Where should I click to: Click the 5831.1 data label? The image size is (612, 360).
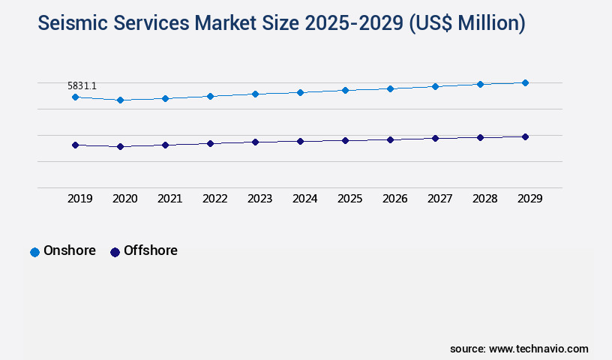[x=82, y=86]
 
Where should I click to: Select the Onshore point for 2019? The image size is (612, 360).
[x=75, y=97]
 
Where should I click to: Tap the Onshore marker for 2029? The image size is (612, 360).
[x=525, y=82]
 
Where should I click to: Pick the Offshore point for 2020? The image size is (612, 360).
[x=120, y=146]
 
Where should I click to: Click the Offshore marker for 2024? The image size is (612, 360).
[x=300, y=141]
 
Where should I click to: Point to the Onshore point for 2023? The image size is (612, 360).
[x=255, y=94]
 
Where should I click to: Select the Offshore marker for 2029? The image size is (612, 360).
[x=525, y=136]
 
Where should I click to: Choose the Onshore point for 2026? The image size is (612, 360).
[x=390, y=88]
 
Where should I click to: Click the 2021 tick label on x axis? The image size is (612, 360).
[x=169, y=199]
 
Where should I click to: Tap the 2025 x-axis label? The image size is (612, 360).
[x=349, y=199]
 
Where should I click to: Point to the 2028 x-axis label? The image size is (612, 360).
[x=484, y=199]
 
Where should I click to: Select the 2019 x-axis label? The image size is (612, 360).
[x=79, y=199]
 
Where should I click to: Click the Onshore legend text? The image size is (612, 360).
[x=70, y=250]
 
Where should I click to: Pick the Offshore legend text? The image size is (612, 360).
[x=151, y=250]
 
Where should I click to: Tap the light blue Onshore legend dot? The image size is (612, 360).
[x=34, y=252]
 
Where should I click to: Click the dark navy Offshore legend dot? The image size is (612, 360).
[x=115, y=252]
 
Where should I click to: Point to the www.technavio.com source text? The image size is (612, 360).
[x=538, y=349]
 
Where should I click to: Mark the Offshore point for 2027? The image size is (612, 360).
[x=435, y=138]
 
